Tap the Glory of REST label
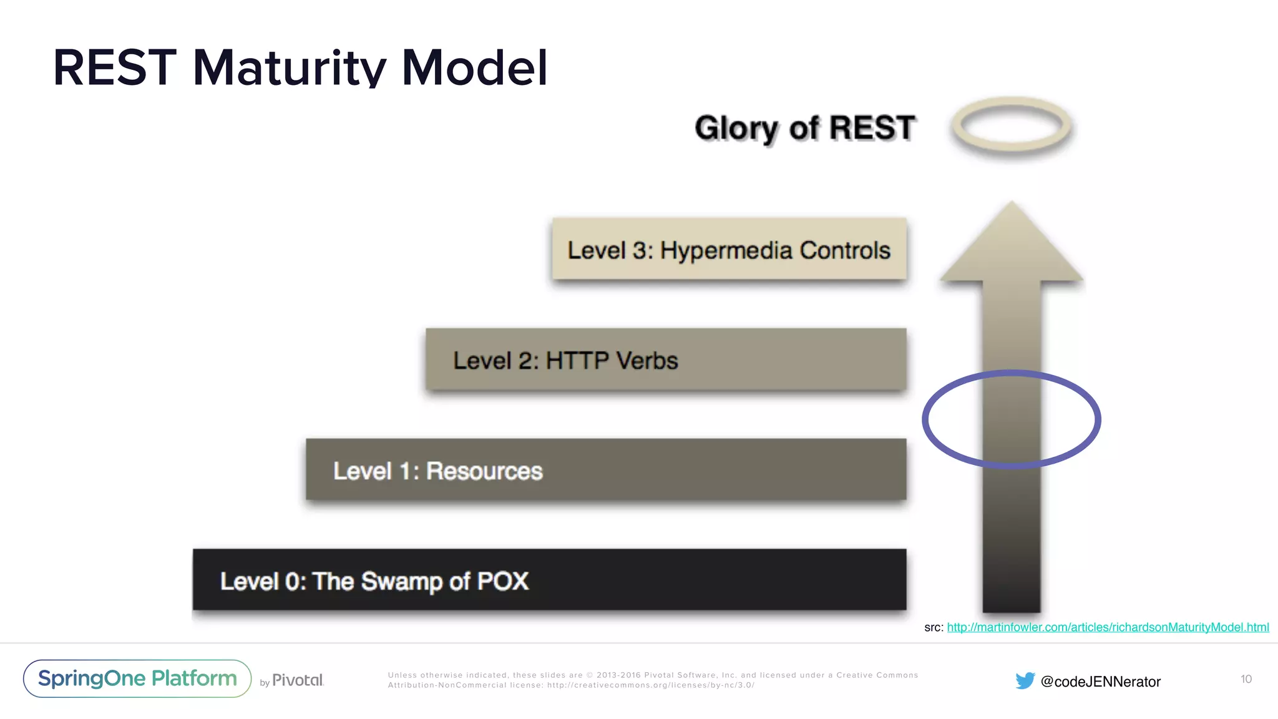click(x=805, y=128)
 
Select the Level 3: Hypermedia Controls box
click(x=729, y=249)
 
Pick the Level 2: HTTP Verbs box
click(x=666, y=360)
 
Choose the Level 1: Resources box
click(x=605, y=470)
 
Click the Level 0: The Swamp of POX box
click(x=549, y=580)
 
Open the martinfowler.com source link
click(x=1108, y=627)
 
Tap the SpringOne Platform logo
click(x=137, y=678)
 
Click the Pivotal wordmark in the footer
click(x=298, y=680)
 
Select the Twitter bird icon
click(x=1025, y=681)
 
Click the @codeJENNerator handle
click(x=1101, y=682)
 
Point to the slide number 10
click(x=1246, y=679)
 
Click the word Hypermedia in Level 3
click(x=726, y=251)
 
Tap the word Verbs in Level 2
click(x=646, y=361)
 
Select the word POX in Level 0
click(x=502, y=581)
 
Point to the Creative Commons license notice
click(x=653, y=680)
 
